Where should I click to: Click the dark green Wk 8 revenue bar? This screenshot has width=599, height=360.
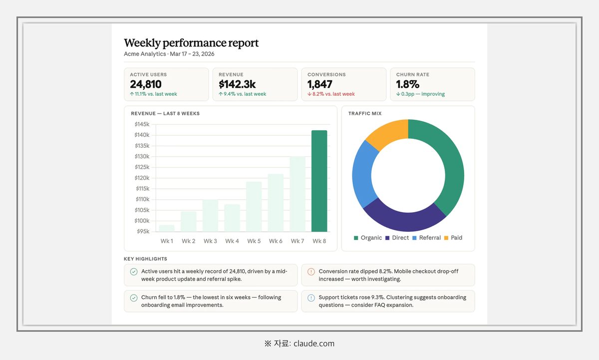[x=319, y=181]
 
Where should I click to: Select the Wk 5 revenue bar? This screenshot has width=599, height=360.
[x=254, y=207]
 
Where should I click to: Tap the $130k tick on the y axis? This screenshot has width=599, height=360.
[x=142, y=156]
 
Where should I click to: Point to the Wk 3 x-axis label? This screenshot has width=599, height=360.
[x=210, y=241]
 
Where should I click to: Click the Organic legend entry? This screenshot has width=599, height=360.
[x=368, y=238]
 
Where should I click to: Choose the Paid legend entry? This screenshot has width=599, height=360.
[x=453, y=238]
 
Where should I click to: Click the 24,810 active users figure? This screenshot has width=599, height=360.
[x=146, y=84]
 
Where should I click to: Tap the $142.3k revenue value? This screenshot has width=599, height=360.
[x=237, y=84]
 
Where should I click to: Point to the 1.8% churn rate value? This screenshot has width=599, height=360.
[x=407, y=84]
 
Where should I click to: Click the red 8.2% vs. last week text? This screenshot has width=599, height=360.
[x=331, y=94]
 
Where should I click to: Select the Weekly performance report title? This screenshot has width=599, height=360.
[x=191, y=43]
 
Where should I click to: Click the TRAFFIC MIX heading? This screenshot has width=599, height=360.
[x=365, y=113]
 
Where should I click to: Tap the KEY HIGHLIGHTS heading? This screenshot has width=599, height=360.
[x=145, y=259]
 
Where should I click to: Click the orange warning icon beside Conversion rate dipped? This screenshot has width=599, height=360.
[x=311, y=272]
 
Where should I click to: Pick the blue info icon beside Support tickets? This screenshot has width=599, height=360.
[x=311, y=298]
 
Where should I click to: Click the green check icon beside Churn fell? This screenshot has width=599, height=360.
[x=134, y=298]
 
